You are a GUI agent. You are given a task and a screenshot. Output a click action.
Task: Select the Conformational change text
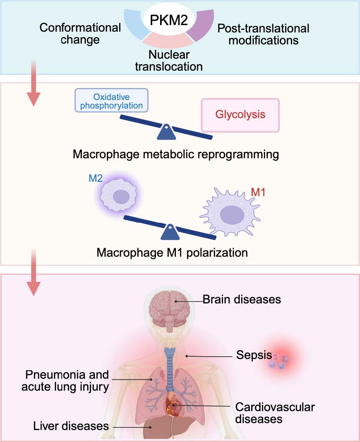coord(80,34)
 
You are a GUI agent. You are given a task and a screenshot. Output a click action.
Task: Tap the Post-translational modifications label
coord(264,34)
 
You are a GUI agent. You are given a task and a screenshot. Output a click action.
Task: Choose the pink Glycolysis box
coord(240,115)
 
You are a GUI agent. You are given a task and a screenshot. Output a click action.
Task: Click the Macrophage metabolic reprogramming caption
coord(176,155)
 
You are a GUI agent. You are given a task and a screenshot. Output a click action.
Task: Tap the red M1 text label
coord(259,192)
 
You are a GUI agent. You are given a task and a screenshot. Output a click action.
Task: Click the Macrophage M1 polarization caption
coord(172,253)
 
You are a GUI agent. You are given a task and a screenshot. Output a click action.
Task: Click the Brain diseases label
coord(242,299)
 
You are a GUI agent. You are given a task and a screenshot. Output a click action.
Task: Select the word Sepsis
coord(254,355)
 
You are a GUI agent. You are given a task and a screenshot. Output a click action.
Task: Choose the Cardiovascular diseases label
coord(275,413)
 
